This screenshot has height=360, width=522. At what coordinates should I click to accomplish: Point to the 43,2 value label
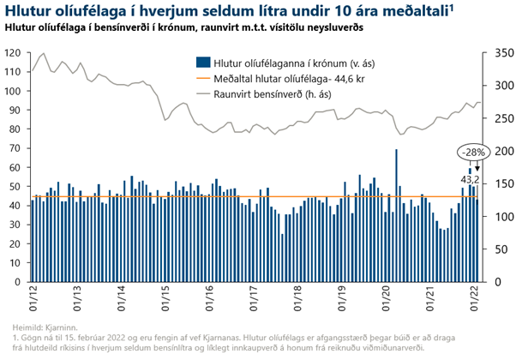(x=470, y=179)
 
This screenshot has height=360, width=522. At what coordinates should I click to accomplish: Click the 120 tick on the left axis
(x=13, y=53)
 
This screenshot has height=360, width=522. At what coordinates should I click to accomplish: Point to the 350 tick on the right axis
(x=506, y=53)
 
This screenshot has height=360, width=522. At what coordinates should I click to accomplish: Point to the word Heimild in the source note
(x=30, y=327)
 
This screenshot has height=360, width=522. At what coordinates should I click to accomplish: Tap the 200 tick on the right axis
(x=506, y=151)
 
